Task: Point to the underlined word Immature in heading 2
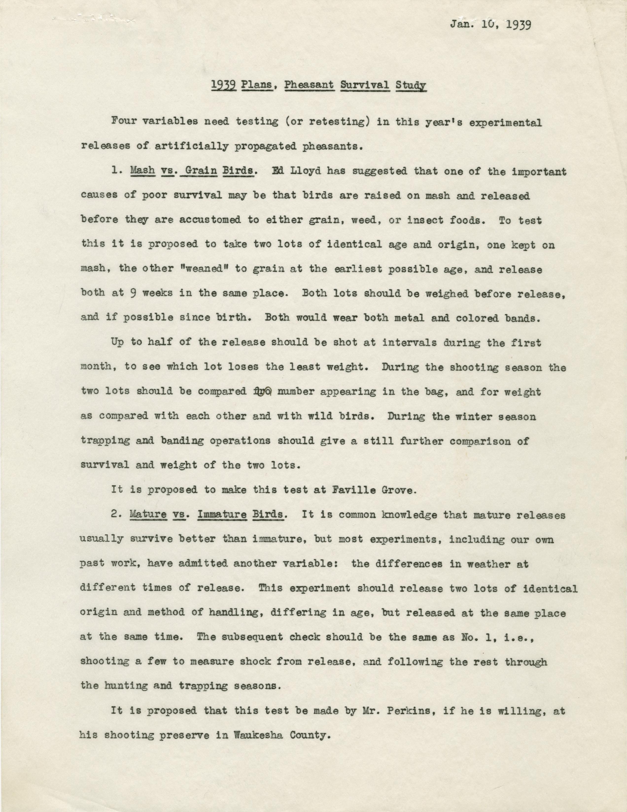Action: click(221, 515)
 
